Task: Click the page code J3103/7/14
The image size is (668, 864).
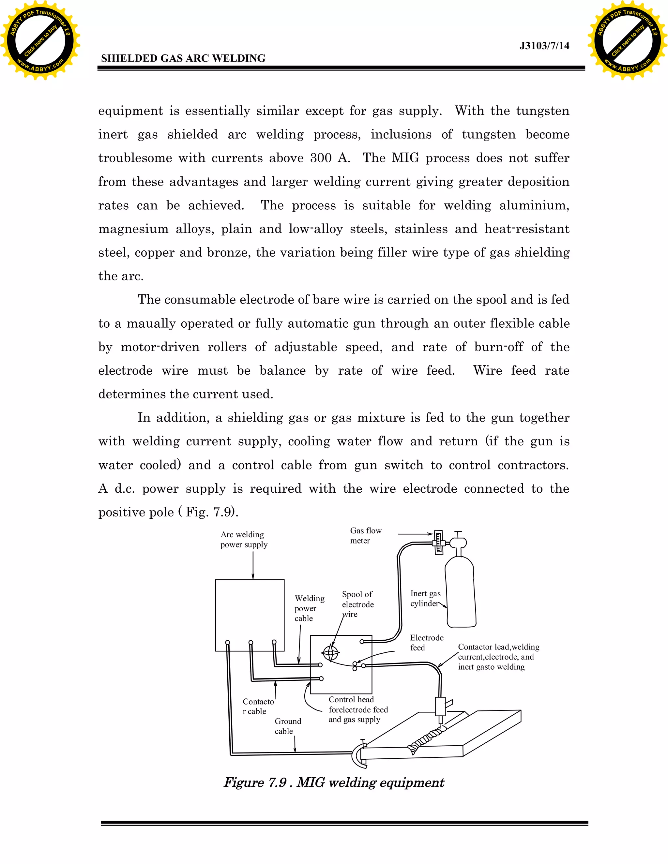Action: (x=544, y=46)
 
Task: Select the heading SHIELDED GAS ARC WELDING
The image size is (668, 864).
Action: (x=183, y=59)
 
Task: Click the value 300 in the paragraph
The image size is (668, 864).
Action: (x=321, y=158)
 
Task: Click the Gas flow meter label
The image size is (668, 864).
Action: (x=366, y=535)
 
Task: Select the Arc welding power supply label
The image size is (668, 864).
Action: (x=244, y=540)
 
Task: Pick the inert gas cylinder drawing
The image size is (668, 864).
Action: (x=460, y=593)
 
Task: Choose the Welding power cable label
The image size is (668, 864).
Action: (x=309, y=608)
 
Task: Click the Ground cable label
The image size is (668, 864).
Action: (x=288, y=726)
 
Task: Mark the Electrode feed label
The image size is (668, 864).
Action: (x=427, y=643)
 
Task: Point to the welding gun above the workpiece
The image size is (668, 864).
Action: (x=440, y=707)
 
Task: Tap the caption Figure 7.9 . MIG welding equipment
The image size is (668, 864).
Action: (x=334, y=782)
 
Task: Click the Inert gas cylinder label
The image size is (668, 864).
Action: (x=425, y=598)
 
